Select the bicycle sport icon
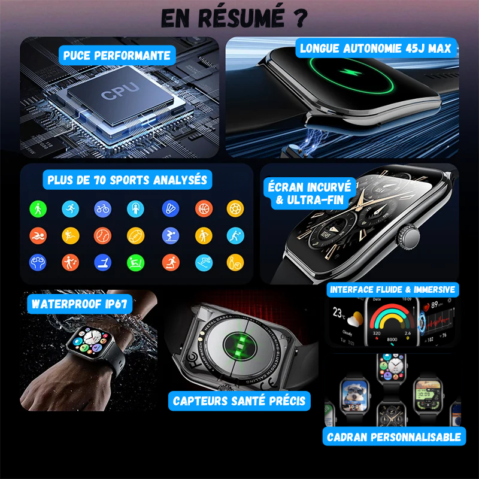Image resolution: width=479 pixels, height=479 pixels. pyautogui.click(x=102, y=208)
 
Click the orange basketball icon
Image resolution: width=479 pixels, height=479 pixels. pyautogui.click(x=204, y=208)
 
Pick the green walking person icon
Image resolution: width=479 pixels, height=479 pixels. pyautogui.click(x=38, y=208)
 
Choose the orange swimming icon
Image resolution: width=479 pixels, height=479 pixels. pyautogui.click(x=38, y=235)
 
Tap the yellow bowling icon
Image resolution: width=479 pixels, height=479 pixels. pyautogui.click(x=235, y=262)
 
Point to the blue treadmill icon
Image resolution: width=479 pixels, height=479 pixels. pyautogui.click(x=102, y=262)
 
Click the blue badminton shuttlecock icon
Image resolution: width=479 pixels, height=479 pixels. pyautogui.click(x=171, y=208)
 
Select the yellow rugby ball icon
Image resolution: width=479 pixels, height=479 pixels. pyautogui.click(x=136, y=235)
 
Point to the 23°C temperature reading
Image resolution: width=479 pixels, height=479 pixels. pyautogui.click(x=338, y=312)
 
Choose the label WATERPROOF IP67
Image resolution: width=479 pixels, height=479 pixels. pyautogui.click(x=79, y=304)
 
